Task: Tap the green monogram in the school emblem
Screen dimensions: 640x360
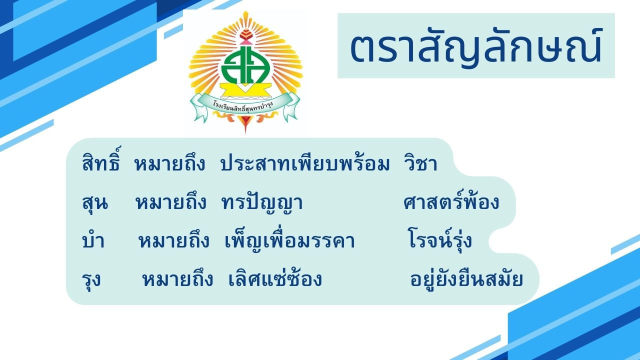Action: pos(245,65)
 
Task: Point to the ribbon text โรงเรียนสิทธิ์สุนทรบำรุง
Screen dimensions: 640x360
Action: pos(243,106)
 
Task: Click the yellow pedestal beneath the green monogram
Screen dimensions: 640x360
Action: pos(245,90)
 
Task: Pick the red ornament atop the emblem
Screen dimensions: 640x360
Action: pos(245,35)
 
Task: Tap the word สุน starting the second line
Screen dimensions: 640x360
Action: pos(95,203)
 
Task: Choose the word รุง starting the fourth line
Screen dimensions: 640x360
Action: pos(91,279)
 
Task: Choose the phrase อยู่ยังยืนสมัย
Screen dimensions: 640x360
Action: pos(467,279)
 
